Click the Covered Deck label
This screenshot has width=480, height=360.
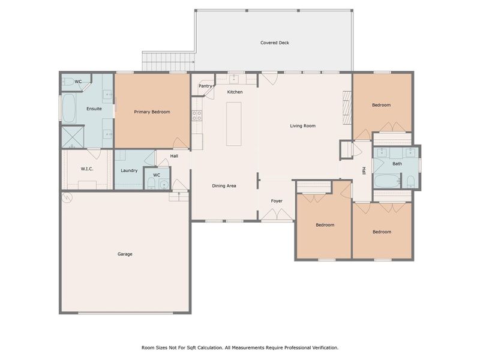[x=275, y=43]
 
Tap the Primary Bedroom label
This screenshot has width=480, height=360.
[x=152, y=112]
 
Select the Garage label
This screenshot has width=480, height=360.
[x=125, y=254]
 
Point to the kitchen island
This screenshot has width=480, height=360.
[x=234, y=124]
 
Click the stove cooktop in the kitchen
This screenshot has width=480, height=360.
[x=196, y=115]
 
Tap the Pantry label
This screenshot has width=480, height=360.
[x=205, y=86]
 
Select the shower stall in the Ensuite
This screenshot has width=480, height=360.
[x=73, y=137]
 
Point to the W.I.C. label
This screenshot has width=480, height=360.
[x=88, y=169]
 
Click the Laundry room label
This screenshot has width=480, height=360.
[x=129, y=170]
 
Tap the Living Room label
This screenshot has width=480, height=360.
[x=303, y=125]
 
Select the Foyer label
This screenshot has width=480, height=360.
[x=277, y=201]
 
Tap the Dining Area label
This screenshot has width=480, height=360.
[x=224, y=185]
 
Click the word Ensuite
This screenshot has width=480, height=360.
[x=94, y=109]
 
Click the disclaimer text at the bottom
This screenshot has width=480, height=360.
[x=240, y=347]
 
